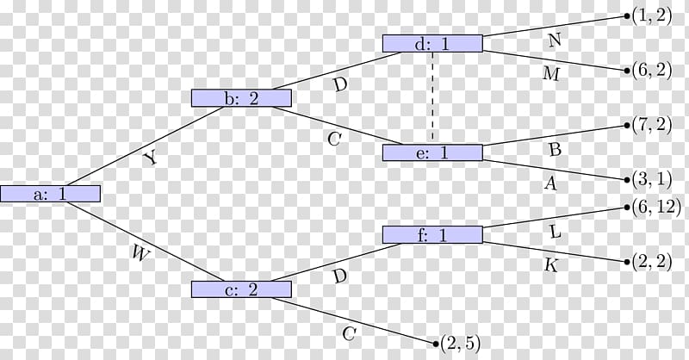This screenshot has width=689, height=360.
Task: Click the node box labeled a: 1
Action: click(50, 194)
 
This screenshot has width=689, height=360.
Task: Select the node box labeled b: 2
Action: click(241, 98)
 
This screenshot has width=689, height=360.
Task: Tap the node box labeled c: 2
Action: click(241, 289)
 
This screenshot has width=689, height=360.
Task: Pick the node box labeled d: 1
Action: click(432, 44)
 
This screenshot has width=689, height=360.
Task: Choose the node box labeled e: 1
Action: click(432, 152)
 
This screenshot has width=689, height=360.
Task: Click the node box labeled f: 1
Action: click(432, 235)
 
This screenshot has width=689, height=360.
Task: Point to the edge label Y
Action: click(150, 158)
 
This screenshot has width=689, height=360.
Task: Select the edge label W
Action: click(140, 253)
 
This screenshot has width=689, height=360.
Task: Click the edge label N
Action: click(555, 40)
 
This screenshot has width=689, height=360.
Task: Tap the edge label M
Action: click(551, 73)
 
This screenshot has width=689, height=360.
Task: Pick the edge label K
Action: click(551, 265)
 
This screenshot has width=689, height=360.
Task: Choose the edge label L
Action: click(556, 232)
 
